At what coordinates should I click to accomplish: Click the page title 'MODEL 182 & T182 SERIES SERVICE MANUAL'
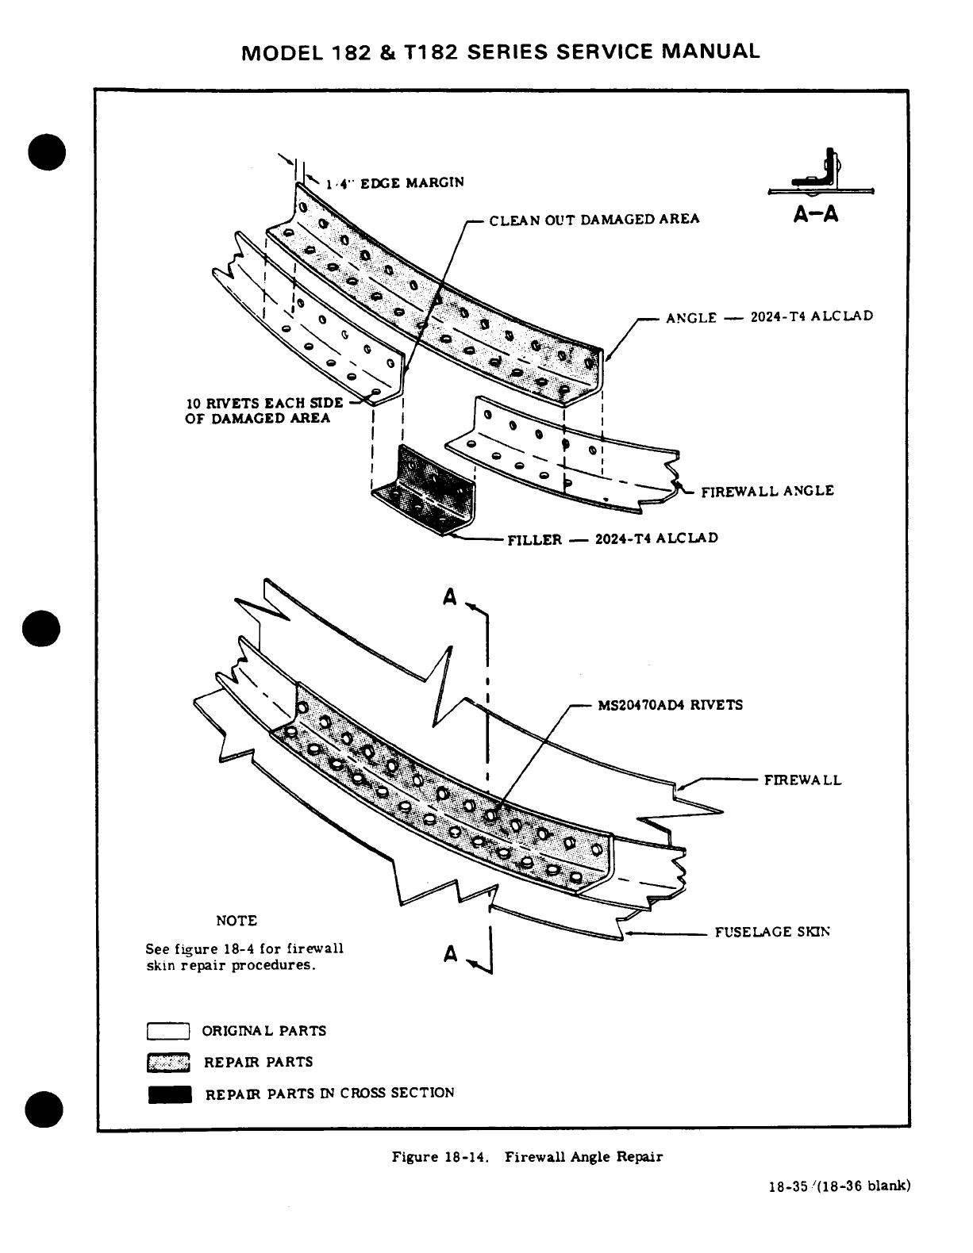coord(500,52)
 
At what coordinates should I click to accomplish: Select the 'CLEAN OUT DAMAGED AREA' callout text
coord(594,219)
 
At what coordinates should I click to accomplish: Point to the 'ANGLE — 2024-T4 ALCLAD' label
coord(769,317)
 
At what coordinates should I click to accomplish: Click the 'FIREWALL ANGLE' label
coord(767,491)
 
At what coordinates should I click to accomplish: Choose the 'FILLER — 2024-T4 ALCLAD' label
coord(613,539)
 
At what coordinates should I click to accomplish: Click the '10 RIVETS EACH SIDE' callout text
coord(264,402)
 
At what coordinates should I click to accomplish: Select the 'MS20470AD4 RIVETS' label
coord(670,705)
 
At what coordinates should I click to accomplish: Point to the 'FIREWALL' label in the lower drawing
coord(802,780)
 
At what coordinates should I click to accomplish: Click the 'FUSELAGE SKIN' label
coord(772,932)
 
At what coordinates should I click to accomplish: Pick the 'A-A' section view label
coord(816,215)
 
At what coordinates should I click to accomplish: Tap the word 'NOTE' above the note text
coord(237,921)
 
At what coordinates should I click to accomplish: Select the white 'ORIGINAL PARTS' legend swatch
coord(168,1031)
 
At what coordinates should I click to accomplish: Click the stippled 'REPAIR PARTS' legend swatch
coord(168,1063)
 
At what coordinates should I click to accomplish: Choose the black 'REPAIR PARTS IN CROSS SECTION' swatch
coord(169,1094)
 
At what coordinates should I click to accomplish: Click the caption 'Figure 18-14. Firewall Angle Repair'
coord(527,1157)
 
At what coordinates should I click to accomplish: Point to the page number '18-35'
coord(787,1187)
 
